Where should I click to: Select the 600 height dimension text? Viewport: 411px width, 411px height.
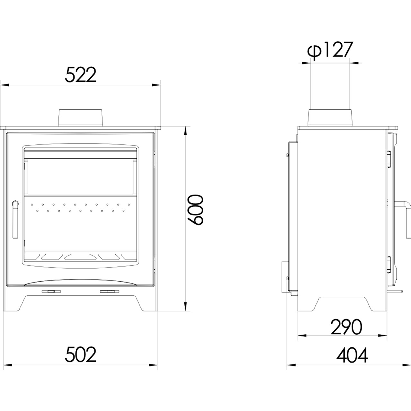click(195, 210)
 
